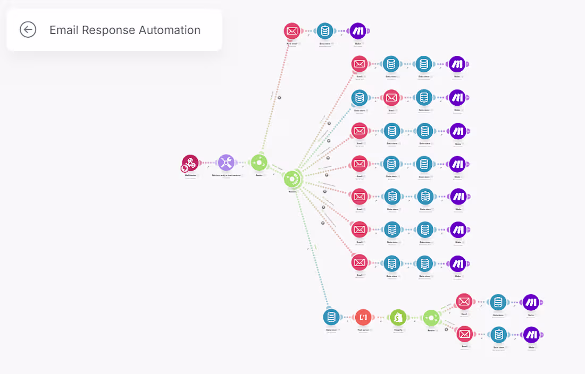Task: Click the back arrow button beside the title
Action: pos(28,30)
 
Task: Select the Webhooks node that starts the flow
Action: pos(190,163)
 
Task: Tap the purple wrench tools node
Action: pos(226,163)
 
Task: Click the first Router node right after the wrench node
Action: pos(259,163)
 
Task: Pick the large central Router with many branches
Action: pos(292,179)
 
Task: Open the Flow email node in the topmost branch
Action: pos(292,31)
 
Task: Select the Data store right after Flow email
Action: pos(325,31)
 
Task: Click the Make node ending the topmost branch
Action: pos(358,31)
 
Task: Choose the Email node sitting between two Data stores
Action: pos(391,98)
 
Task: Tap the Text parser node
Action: pos(364,318)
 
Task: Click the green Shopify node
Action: pos(398,318)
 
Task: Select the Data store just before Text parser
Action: pos(331,318)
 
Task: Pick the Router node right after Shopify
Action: pos(431,318)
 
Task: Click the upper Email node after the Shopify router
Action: pos(464,302)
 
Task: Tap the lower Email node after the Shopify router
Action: pos(464,334)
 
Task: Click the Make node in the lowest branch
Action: pos(531,334)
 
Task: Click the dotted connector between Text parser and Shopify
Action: pos(381,318)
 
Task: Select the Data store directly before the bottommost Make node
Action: pos(498,334)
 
